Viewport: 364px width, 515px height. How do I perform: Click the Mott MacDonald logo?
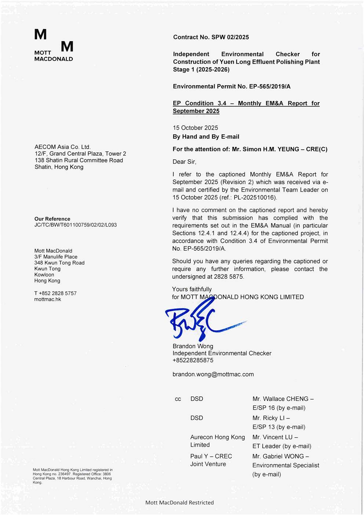pyautogui.click(x=54, y=45)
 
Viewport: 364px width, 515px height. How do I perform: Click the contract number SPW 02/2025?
pyautogui.click(x=230, y=37)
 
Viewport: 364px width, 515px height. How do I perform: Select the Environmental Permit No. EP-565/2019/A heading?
pyautogui.click(x=232, y=87)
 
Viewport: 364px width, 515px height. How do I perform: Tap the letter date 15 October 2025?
pyautogui.click(x=195, y=128)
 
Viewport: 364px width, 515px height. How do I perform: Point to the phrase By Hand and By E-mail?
pyautogui.click(x=206, y=137)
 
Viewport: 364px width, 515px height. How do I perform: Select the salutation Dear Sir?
pyautogui.click(x=184, y=162)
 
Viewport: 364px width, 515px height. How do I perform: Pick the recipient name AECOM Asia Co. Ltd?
pyautogui.click(x=62, y=147)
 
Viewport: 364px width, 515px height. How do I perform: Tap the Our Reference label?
pyautogui.click(x=52, y=219)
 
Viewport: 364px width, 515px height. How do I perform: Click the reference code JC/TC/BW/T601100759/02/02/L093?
pyautogui.click(x=75, y=225)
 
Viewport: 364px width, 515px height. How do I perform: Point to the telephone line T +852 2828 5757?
pyautogui.click(x=55, y=293)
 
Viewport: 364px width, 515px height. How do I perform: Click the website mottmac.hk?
pyautogui.click(x=47, y=299)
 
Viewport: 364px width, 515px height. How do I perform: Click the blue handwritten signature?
pyautogui.click(x=198, y=319)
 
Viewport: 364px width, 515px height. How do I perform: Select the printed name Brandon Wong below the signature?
pyautogui.click(x=193, y=346)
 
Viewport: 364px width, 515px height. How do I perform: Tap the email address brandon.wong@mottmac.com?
pyautogui.click(x=213, y=374)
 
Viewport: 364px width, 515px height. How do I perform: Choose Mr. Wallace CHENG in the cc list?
pyautogui.click(x=281, y=399)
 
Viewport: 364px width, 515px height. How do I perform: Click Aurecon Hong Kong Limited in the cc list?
pyautogui.click(x=217, y=441)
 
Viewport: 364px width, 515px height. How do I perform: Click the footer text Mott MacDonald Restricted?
pyautogui.click(x=179, y=503)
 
